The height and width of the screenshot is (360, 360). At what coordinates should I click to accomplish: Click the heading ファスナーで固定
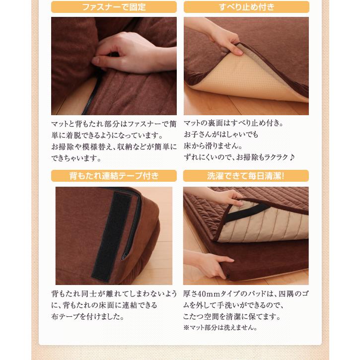[x=114, y=7]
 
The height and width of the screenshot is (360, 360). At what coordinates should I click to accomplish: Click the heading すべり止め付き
[x=246, y=7]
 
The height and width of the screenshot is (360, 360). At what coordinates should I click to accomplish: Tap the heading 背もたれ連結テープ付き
[x=114, y=176]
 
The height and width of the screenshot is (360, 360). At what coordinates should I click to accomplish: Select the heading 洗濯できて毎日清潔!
[x=246, y=176]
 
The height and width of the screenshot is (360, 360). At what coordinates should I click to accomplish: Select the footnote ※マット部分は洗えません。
[x=220, y=327]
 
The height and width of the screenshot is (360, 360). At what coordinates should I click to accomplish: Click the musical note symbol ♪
[x=291, y=157]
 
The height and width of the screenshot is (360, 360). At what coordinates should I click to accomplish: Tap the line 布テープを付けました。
[x=88, y=317]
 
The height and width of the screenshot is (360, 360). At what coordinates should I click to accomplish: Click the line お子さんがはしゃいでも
[x=221, y=134]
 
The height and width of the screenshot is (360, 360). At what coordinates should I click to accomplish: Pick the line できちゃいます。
[x=76, y=158]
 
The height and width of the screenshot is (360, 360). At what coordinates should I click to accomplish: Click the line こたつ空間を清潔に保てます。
[x=232, y=317]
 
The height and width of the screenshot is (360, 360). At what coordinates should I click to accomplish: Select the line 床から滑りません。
[x=213, y=146]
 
